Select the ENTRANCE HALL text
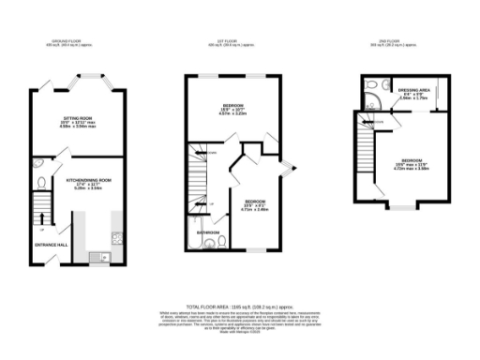51,245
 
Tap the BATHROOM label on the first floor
208,232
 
